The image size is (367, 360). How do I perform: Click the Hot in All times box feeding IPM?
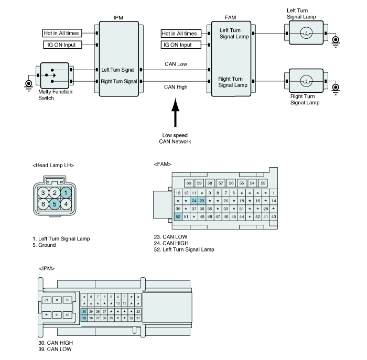[x=62, y=33]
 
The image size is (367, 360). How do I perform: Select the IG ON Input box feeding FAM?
[x=181, y=45]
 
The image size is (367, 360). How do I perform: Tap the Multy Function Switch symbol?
[x=55, y=75]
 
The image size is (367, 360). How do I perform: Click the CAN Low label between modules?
[x=176, y=64]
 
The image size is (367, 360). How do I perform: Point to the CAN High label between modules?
[x=176, y=87]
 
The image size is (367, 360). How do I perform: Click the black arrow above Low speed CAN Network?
[x=175, y=113]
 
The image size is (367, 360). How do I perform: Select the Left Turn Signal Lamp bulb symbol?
[x=306, y=32]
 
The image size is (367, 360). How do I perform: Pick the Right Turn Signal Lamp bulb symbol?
[x=306, y=81]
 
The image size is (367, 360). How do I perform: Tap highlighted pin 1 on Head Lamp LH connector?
[x=66, y=193]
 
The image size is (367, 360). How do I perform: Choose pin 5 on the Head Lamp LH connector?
[x=55, y=204]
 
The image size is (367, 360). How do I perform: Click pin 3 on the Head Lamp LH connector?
[x=43, y=193]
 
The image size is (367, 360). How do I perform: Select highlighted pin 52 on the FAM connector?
[x=178, y=216]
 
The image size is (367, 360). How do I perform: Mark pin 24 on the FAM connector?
[x=194, y=201]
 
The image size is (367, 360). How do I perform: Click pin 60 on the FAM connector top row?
[x=189, y=183]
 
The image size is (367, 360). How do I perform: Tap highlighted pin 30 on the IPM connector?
[x=84, y=311]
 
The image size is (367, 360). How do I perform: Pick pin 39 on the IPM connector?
[x=84, y=318]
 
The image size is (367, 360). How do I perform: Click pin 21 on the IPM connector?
[x=46, y=300]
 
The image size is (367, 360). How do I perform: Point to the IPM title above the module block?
[x=118, y=17]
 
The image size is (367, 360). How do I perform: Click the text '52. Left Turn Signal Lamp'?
[x=184, y=249]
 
